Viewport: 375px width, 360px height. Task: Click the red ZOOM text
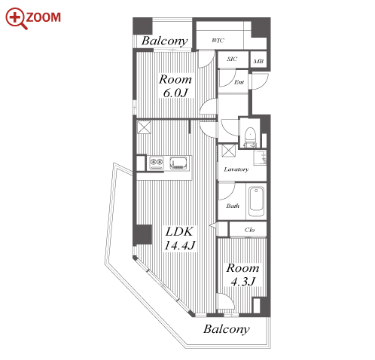click(43, 17)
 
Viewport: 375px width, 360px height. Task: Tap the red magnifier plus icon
click(16, 18)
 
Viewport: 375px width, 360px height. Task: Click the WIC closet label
click(218, 40)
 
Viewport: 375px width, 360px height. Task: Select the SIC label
click(232, 59)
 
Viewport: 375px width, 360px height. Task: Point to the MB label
click(258, 61)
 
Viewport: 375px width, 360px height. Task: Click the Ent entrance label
click(239, 82)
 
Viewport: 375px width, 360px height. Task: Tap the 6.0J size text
click(175, 93)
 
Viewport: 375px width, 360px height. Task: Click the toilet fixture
click(250, 136)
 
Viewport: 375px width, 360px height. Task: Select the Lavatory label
click(236, 169)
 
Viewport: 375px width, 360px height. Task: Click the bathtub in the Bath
click(256, 202)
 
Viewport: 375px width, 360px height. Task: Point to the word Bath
click(233, 206)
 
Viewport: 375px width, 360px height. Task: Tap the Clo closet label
click(249, 230)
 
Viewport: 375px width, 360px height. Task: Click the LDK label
click(179, 231)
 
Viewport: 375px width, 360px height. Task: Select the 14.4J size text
click(179, 246)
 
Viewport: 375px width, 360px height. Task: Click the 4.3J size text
click(243, 282)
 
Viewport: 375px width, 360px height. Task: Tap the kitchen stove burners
click(157, 163)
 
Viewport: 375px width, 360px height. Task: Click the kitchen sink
click(178, 163)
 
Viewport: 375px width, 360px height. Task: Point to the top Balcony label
click(164, 41)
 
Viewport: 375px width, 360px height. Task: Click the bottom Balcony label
click(227, 329)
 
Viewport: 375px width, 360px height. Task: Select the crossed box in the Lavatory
click(229, 151)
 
